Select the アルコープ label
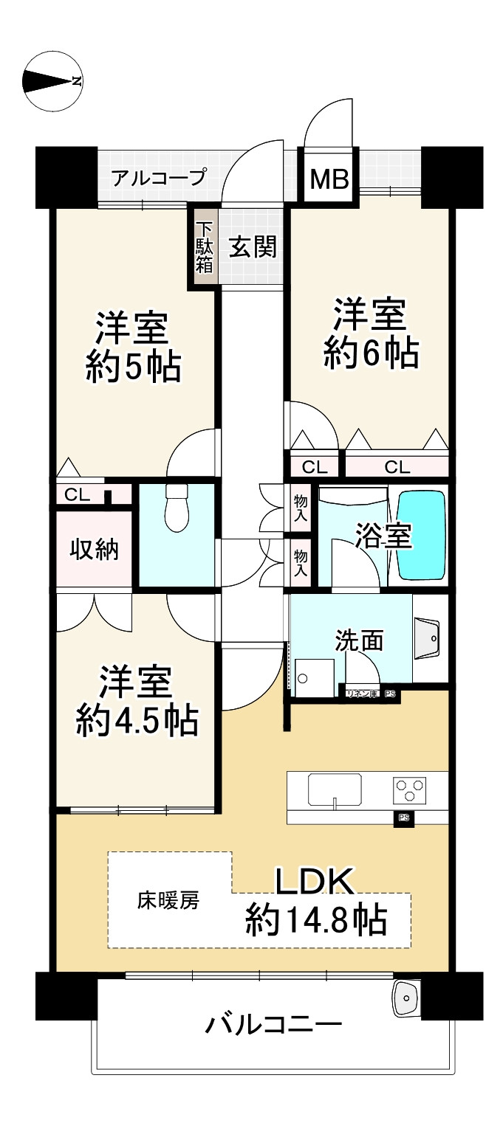point(159,178)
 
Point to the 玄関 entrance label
point(252,248)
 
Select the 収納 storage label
point(94,549)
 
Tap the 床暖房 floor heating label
point(168,900)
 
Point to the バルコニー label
point(273,1025)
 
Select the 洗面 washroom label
point(359,640)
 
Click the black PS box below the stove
point(404,818)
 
